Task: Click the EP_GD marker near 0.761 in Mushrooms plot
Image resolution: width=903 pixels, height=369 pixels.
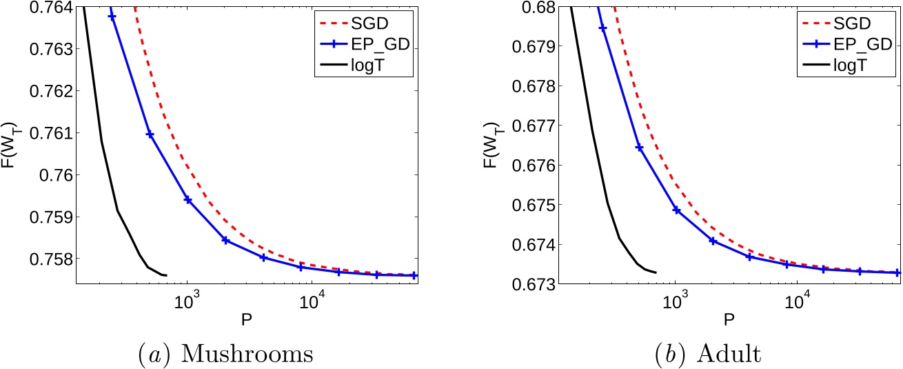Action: [150, 134]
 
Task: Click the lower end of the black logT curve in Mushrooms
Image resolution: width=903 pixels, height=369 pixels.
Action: [166, 275]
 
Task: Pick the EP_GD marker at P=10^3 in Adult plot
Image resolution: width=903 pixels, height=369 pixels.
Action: [676, 210]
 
